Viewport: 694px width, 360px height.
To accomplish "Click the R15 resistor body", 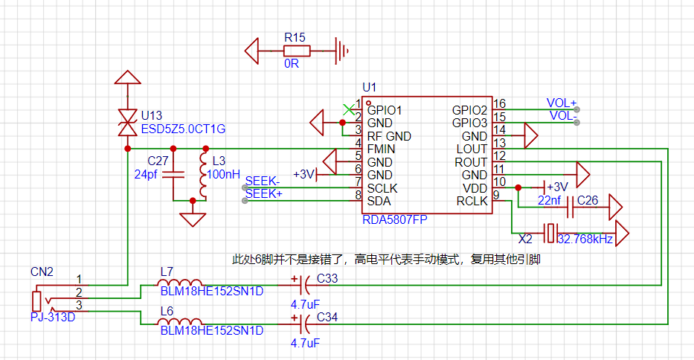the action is [297, 51].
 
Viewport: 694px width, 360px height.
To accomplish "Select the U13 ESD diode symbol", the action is [128, 123].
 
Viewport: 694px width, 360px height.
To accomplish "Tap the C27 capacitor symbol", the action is [173, 175].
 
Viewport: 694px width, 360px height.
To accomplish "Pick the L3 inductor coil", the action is [204, 175].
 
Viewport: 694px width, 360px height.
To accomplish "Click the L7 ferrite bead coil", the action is [180, 283].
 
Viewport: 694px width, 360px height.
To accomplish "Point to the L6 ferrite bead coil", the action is [180, 321].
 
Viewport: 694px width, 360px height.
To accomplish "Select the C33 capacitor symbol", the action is [304, 285].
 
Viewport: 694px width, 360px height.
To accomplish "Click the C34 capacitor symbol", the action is [304, 324].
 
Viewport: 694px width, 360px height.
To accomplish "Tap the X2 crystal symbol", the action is [550, 233].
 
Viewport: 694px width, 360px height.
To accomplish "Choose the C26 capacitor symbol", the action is [571, 207].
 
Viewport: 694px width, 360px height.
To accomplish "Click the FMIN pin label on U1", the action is [381, 150].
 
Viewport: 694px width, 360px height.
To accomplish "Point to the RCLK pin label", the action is [472, 202].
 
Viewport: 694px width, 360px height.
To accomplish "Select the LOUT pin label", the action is [472, 150].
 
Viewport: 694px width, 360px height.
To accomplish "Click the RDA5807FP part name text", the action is [395, 219].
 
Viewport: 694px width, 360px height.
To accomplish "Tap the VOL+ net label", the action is [561, 103].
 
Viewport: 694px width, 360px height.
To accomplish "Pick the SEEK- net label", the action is [263, 181].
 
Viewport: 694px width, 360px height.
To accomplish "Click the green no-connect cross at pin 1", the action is [349, 109].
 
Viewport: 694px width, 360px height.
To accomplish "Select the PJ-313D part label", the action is [53, 317].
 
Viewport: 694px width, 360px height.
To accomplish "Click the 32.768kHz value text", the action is [585, 239].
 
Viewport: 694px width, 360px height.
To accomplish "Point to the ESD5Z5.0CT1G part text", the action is [183, 129].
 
